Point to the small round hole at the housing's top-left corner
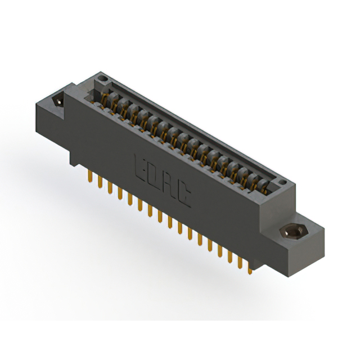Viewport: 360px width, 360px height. (101, 76)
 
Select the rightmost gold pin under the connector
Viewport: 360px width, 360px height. (250, 269)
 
